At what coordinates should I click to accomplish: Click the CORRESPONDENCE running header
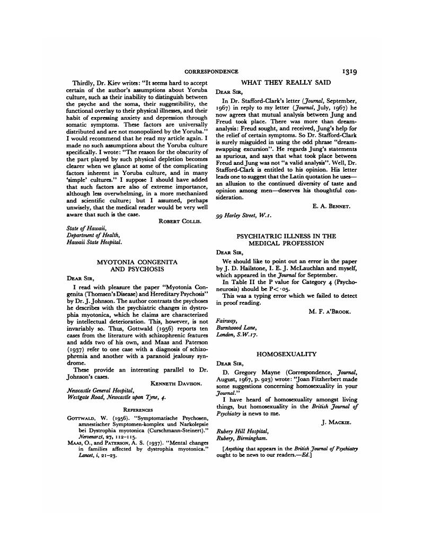[x=211, y=72]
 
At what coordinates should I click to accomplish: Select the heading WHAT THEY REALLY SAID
[x=286, y=82]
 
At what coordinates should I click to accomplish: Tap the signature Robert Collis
[x=178, y=221]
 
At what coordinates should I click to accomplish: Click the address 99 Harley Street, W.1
[x=239, y=216]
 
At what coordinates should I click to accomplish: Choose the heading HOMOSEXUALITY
[x=286, y=353]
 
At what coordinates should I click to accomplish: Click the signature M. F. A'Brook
[x=330, y=312]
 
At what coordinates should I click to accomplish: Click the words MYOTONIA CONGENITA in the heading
[x=136, y=262]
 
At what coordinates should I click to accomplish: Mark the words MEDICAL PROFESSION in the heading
[x=286, y=243]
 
